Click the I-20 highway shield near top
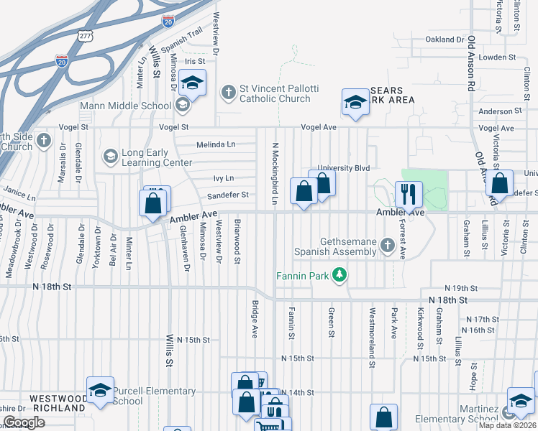(x=168, y=22)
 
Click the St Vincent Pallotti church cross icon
(x=229, y=92)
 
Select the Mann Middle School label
(x=126, y=106)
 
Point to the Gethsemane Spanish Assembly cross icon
(x=388, y=246)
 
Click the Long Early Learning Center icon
(x=110, y=155)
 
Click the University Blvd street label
(x=343, y=168)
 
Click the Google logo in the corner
(x=24, y=422)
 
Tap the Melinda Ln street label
(x=216, y=144)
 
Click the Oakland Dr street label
(x=445, y=40)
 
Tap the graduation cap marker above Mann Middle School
(x=193, y=83)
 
